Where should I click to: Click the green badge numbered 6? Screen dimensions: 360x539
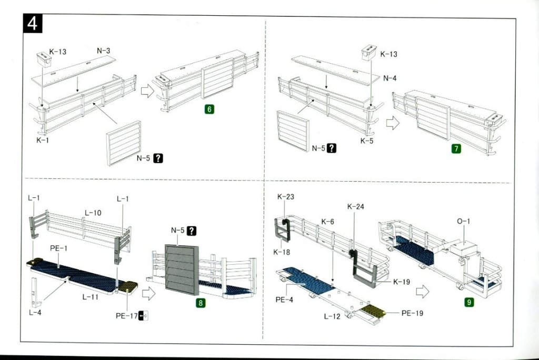(x=209, y=109)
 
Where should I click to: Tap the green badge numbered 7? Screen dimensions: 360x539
(x=456, y=148)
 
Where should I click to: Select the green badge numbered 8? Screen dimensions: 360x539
(x=200, y=303)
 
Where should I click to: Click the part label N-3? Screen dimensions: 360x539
(x=103, y=51)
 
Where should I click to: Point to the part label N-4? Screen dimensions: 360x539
(x=390, y=78)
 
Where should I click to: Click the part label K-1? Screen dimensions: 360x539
(x=43, y=141)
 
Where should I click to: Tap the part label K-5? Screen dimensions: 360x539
(x=367, y=141)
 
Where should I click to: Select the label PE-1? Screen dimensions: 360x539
(x=58, y=247)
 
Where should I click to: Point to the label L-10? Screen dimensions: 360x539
(x=93, y=213)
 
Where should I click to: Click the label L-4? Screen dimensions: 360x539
(x=35, y=313)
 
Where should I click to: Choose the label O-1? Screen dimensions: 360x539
(x=463, y=222)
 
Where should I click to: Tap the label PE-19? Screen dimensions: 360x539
(x=413, y=313)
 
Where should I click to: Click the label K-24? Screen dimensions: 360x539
(x=355, y=206)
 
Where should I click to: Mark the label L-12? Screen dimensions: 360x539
(x=332, y=316)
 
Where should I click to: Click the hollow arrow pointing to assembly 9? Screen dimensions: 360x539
(x=422, y=292)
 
